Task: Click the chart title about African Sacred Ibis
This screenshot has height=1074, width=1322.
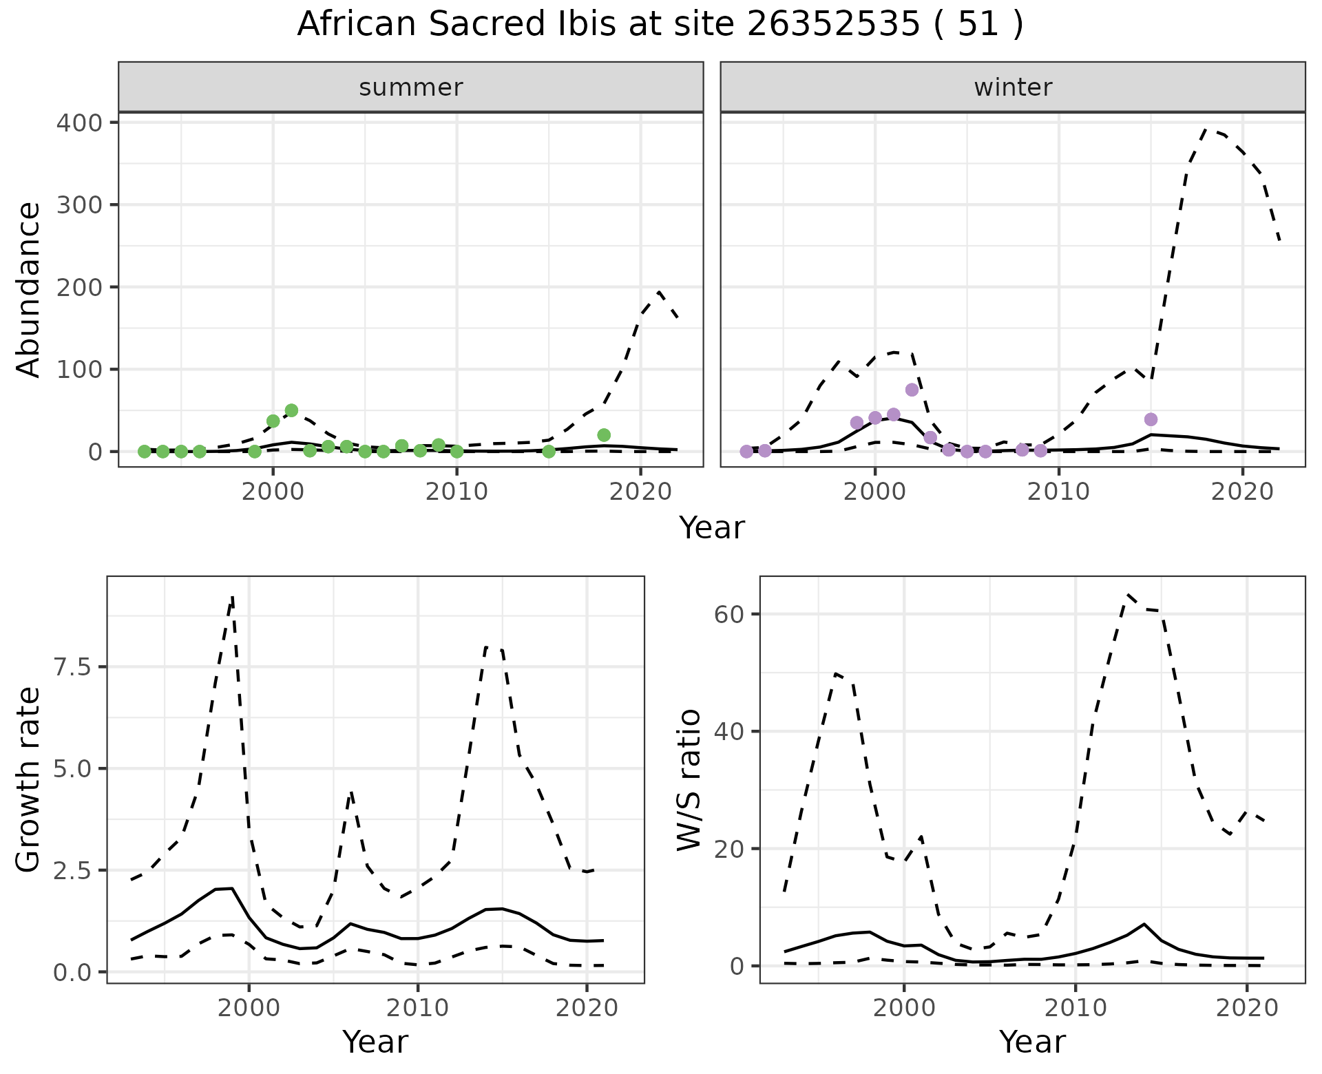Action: [660, 25]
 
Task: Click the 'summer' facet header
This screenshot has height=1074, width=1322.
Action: [410, 87]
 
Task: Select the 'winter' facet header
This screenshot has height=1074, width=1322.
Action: [1012, 87]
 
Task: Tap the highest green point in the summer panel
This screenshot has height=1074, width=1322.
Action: [291, 410]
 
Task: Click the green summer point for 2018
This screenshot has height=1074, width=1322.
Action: [604, 435]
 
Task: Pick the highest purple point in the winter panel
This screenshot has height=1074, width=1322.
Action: [912, 390]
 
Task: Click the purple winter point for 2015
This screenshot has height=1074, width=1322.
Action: [1151, 419]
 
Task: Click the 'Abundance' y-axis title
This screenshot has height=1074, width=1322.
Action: [29, 289]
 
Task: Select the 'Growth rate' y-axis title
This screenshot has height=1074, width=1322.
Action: [29, 779]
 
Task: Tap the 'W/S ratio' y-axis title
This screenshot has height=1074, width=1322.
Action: [689, 779]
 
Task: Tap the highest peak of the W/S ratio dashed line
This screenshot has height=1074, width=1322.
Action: [1128, 594]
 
